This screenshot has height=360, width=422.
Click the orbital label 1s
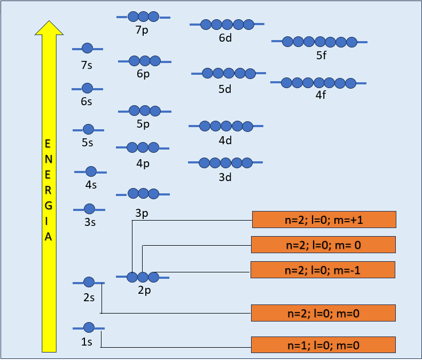[x=87, y=342]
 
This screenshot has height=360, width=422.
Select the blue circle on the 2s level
[x=89, y=282]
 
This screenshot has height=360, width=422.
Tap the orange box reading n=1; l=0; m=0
[x=323, y=345]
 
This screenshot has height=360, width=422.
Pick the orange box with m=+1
[x=324, y=220]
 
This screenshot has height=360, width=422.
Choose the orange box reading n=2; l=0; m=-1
[x=322, y=270]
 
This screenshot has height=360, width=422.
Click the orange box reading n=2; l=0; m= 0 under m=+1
[x=323, y=245]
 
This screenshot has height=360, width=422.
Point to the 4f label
[x=321, y=96]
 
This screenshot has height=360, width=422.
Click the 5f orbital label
[x=321, y=55]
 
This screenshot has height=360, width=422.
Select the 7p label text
[x=142, y=30]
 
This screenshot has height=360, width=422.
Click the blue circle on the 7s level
[x=88, y=49]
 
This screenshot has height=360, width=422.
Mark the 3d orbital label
[x=225, y=177]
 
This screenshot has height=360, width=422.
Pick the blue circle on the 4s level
[x=91, y=171]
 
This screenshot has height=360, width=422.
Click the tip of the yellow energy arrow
[x=49, y=22]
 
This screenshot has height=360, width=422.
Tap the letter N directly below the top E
[x=49, y=159]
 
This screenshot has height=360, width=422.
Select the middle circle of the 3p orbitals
[x=143, y=193]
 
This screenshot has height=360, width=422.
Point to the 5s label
[x=88, y=143]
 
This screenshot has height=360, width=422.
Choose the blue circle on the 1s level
[x=89, y=327]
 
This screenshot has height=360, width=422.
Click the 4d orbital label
[x=225, y=140]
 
